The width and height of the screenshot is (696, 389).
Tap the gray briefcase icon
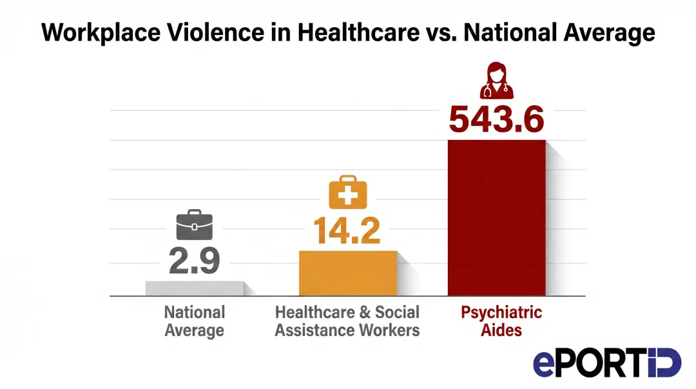coord(195,226)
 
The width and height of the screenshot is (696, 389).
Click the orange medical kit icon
coord(347,192)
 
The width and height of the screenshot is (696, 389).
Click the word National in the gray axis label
coord(195,313)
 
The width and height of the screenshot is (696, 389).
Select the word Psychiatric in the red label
coord(501,313)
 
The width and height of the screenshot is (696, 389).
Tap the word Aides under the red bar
coord(501,331)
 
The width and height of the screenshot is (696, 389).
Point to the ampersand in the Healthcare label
coord(365,313)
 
